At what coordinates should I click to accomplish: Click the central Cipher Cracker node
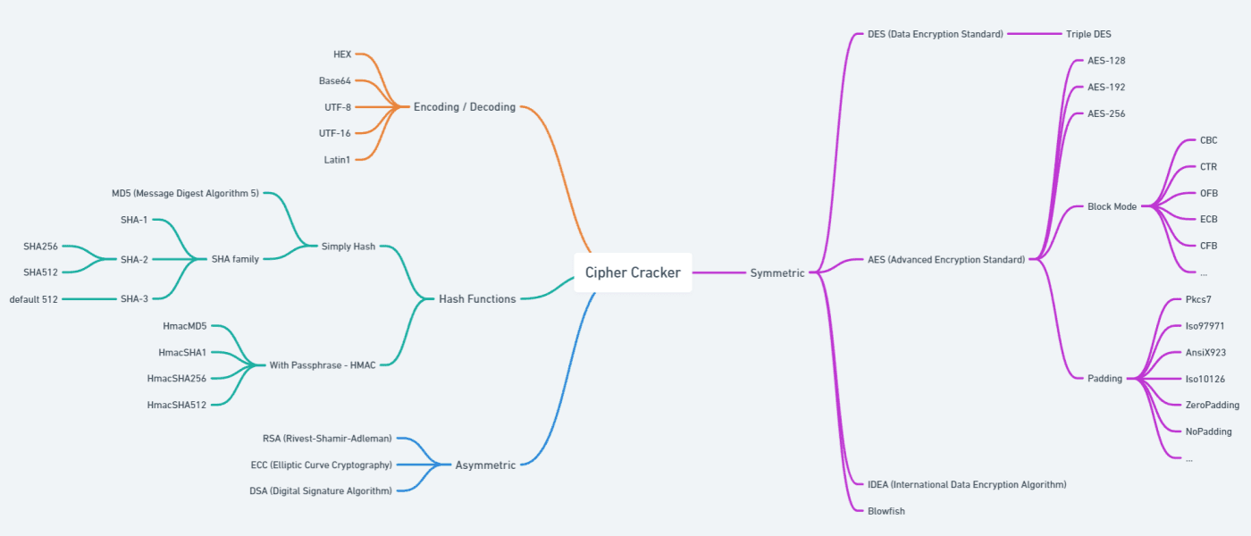pyautogui.click(x=633, y=272)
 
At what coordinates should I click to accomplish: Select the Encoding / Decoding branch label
pyautogui.click(x=464, y=107)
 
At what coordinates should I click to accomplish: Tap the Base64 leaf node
pyautogui.click(x=334, y=80)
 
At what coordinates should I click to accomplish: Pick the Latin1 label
pyautogui.click(x=337, y=159)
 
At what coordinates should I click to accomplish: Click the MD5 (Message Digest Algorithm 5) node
pyautogui.click(x=185, y=193)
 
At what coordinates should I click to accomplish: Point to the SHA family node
pyautogui.click(x=235, y=259)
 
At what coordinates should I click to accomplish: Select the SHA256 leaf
pyautogui.click(x=40, y=246)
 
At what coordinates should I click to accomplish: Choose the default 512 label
pyautogui.click(x=34, y=299)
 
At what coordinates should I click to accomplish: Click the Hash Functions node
pyautogui.click(x=477, y=299)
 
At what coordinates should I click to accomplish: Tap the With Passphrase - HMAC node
pyautogui.click(x=323, y=364)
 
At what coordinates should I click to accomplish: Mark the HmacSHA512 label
pyautogui.click(x=177, y=405)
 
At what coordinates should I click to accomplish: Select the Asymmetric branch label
pyautogui.click(x=485, y=465)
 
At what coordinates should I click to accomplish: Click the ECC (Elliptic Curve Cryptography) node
pyautogui.click(x=321, y=465)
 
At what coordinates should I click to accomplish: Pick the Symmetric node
pyautogui.click(x=777, y=272)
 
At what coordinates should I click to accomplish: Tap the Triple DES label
pyautogui.click(x=1088, y=34)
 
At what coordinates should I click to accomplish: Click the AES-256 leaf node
pyautogui.click(x=1106, y=113)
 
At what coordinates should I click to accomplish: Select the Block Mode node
pyautogui.click(x=1112, y=206)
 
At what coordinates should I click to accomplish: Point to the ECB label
pyautogui.click(x=1208, y=219)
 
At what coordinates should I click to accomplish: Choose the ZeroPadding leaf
pyautogui.click(x=1212, y=405)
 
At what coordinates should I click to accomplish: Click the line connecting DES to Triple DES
pyautogui.click(x=1034, y=34)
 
